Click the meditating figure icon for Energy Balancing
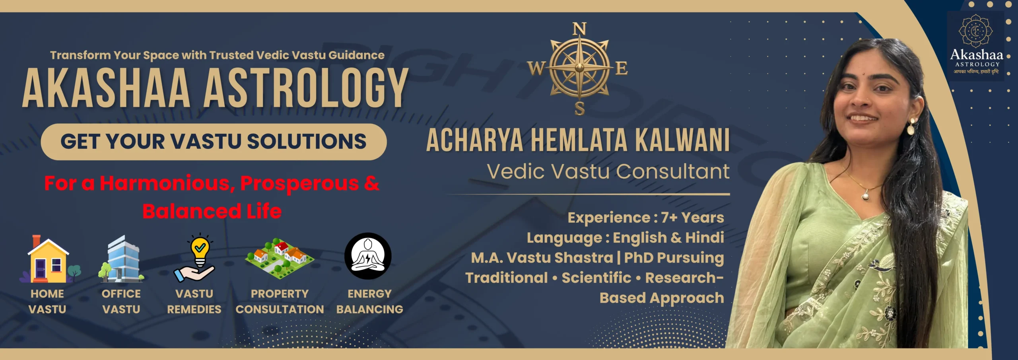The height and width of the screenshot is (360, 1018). coord(368,256)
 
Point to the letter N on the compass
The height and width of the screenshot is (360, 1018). coord(579,29)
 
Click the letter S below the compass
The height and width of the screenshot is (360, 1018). coord(580,108)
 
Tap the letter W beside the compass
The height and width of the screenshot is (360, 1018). coord(536,68)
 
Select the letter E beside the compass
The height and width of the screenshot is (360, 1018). coord(622,68)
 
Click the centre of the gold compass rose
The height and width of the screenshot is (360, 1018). coord(579,68)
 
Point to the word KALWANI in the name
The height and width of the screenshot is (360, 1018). coord(682,140)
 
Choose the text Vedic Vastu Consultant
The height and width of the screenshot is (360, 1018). coord(608,171)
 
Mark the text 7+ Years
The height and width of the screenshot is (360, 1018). coord(692,218)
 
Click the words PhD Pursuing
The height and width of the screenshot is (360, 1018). coord(674,258)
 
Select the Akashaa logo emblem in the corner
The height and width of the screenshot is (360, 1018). coord(976,31)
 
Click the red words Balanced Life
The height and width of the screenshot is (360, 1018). coord(212,211)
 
